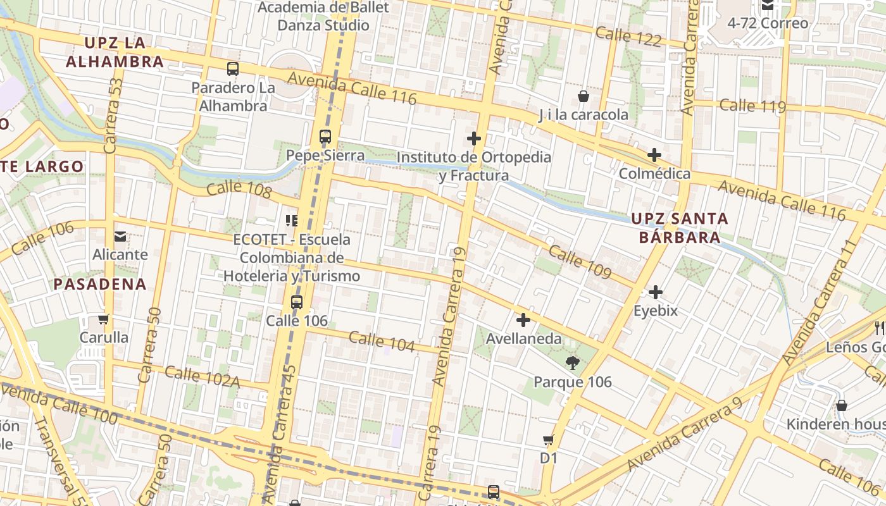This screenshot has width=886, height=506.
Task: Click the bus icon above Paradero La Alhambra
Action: [x=233, y=69]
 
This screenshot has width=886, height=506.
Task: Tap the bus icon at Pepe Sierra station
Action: [x=325, y=137]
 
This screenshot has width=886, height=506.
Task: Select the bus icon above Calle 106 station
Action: [x=297, y=302]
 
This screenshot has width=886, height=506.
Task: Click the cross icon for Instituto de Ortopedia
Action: [x=474, y=139]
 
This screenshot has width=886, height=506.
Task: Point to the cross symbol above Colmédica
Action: [x=654, y=155]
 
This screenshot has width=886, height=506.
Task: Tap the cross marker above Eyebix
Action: [x=656, y=292]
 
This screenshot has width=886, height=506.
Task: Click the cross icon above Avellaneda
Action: [x=523, y=320]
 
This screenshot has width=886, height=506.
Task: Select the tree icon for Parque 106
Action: [x=573, y=363]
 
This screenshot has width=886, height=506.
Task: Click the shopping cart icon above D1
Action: [x=549, y=440]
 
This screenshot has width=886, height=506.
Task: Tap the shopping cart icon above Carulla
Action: [x=104, y=319]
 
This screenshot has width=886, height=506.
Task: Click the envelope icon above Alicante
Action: [x=120, y=237]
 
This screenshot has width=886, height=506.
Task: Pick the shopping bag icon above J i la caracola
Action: [x=583, y=96]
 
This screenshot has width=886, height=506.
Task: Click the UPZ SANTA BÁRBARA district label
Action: [x=680, y=228]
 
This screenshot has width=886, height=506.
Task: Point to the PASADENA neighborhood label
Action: [x=100, y=284]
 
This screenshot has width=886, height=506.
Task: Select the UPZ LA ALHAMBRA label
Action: [x=115, y=52]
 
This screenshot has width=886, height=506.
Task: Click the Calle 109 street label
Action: [x=580, y=262]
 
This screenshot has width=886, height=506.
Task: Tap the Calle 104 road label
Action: [x=382, y=342]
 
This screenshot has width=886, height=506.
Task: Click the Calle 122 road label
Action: [x=628, y=37]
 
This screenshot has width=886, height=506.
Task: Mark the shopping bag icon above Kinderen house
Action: [x=842, y=405]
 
